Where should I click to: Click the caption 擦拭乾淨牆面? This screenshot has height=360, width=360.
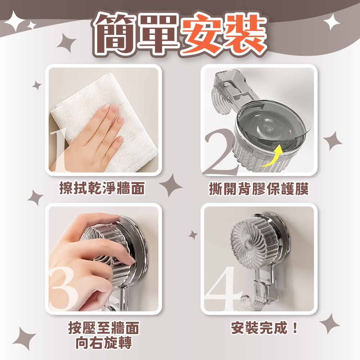pyautogui.click(x=102, y=188)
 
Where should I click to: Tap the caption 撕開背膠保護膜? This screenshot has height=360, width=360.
pyautogui.click(x=259, y=189)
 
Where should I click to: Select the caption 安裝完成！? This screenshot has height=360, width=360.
pyautogui.click(x=265, y=328)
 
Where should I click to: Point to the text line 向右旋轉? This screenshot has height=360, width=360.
pyautogui.click(x=104, y=342)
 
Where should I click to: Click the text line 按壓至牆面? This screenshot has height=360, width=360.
pyautogui.click(x=104, y=328)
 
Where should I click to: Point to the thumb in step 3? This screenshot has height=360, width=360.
pyautogui.click(x=101, y=294)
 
